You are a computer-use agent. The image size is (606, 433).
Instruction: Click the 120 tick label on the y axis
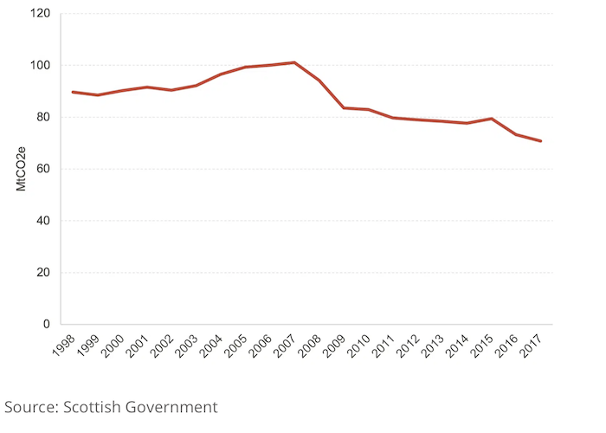[x=40, y=14]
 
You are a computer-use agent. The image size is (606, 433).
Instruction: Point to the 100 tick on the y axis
[x=40, y=65]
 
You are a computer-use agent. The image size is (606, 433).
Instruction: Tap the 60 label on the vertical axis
[x=43, y=169]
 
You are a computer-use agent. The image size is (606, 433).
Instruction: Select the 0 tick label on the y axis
[x=47, y=324]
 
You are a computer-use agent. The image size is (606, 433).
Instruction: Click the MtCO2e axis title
[x=21, y=169]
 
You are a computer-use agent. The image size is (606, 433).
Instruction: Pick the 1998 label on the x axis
[x=64, y=346]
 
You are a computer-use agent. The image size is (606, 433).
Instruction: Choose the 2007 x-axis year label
[x=285, y=346]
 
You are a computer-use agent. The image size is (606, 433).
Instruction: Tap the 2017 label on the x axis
[x=530, y=346]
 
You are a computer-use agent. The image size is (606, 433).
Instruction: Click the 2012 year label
[x=408, y=346]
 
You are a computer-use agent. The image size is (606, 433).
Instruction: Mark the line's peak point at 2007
[x=294, y=62]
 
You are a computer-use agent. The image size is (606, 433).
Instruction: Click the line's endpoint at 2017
[x=540, y=141]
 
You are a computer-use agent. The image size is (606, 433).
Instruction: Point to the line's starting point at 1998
[x=73, y=92]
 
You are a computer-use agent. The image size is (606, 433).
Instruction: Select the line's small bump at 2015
[x=491, y=119]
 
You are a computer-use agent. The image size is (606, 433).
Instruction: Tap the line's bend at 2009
[x=344, y=108]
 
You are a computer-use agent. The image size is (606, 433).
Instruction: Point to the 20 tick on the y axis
[x=43, y=273]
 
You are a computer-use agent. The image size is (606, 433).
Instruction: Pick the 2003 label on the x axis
[x=187, y=346]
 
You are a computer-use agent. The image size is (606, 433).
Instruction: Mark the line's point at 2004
[x=221, y=74]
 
